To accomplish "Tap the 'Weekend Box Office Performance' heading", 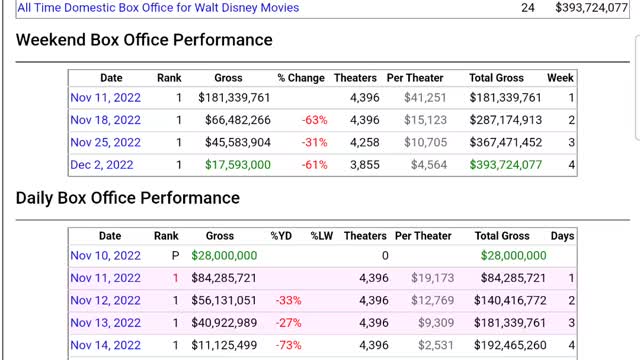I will point(144,40).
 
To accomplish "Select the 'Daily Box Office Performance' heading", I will point(128,198).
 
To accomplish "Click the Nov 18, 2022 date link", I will point(106,120).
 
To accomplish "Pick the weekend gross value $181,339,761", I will point(228,98).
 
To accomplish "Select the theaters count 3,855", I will point(365,164).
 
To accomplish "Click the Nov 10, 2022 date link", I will point(106,256).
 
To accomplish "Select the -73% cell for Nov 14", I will point(290,345).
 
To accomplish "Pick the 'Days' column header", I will point(562,236).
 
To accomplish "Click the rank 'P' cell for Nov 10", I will point(175,256).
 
